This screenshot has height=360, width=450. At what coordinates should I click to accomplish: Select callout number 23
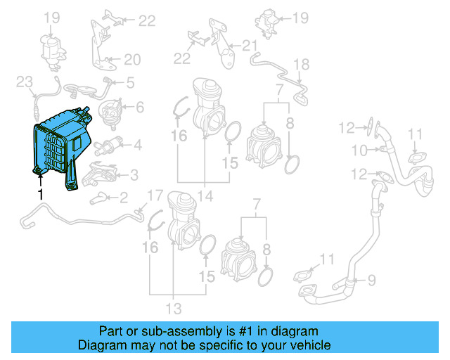tap(25, 83)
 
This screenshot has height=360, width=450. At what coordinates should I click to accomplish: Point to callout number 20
tap(132, 60)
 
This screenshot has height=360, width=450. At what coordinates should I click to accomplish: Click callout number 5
tap(130, 83)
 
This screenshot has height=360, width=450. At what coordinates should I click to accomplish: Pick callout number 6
tap(139, 108)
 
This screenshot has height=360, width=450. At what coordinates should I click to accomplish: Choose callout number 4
tap(137, 146)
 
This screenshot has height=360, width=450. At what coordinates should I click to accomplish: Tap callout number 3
tap(133, 174)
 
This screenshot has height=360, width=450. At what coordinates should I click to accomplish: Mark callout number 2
tap(122, 197)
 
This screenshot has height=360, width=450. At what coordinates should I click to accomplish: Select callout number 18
tap(301, 65)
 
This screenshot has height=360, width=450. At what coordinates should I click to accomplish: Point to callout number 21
tap(250, 46)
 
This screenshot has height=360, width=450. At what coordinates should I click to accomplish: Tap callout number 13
tap(173, 308)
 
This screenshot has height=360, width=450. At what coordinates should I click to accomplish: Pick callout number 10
tap(359, 150)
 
